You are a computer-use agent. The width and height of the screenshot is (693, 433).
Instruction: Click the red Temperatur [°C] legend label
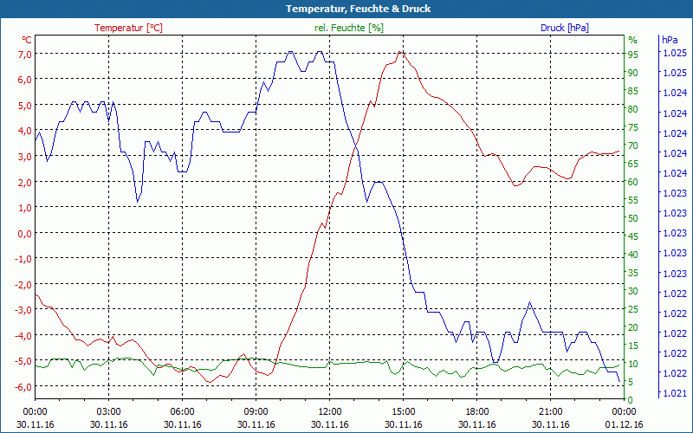128,28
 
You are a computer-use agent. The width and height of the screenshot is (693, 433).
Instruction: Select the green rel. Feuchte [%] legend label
349,28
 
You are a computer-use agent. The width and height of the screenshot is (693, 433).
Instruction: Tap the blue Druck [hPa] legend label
564,28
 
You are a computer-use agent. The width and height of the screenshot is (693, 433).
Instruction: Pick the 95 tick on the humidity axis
633,54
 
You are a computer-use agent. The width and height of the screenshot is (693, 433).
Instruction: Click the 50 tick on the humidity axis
633,217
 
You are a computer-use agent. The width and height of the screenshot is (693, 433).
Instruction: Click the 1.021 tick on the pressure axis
674,393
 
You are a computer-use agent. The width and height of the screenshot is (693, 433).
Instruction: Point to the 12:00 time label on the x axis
330,411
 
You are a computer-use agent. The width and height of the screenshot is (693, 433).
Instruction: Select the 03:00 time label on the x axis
108,411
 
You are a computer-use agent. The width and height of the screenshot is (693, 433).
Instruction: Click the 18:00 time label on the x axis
477,411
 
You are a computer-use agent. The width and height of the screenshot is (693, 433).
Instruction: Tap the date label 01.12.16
625,424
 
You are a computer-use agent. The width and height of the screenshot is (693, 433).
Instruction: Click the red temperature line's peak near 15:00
399,52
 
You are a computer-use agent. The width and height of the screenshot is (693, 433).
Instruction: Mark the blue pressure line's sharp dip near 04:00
138,201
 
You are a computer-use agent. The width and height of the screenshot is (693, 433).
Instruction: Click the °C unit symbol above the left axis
27,40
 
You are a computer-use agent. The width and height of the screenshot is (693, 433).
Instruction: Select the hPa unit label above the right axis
670,40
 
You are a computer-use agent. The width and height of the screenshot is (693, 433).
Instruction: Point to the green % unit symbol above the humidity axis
632,40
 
